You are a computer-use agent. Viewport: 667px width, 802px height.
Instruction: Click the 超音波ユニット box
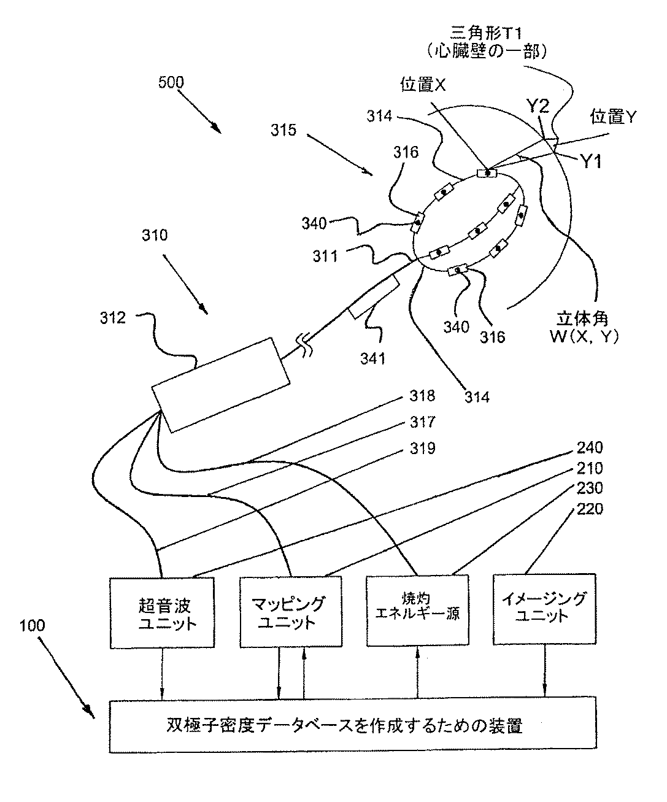[163, 611]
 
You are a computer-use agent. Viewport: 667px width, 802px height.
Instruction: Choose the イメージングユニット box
[544, 608]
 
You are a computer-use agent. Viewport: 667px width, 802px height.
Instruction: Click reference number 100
[32, 627]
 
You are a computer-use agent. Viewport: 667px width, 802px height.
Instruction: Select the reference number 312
[114, 318]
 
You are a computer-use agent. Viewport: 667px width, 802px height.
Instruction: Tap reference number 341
[373, 357]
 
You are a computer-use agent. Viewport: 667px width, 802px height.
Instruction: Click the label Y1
[591, 161]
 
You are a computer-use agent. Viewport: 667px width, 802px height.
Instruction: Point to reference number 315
[285, 130]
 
